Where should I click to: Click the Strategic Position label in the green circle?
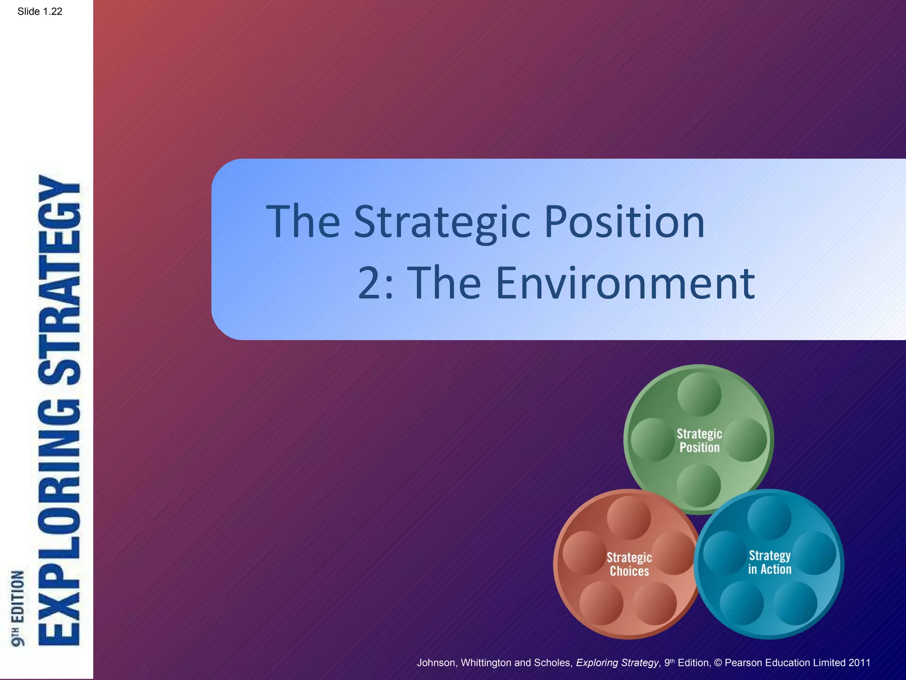[x=699, y=440]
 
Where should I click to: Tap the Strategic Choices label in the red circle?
[x=629, y=564]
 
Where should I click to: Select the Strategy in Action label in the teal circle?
[x=770, y=562]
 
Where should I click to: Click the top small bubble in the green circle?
[x=699, y=394]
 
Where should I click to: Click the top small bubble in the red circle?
[x=629, y=517]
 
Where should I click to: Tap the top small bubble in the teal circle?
[x=769, y=517]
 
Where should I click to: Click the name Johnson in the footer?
[x=436, y=663]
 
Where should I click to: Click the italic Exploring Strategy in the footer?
[x=617, y=663]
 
